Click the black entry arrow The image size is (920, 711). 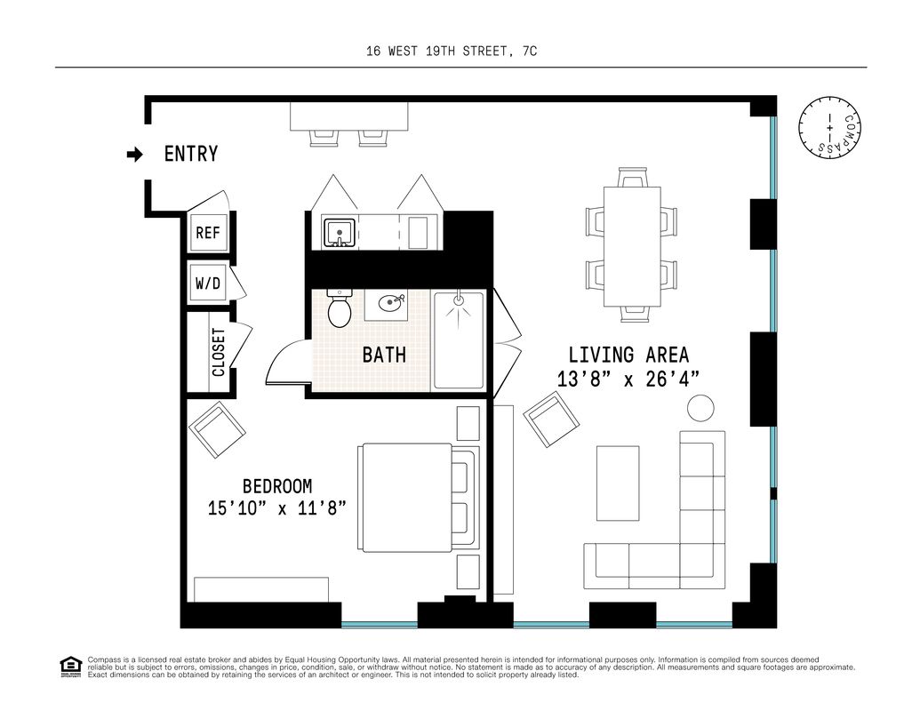click(135, 155)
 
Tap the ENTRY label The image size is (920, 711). click(191, 154)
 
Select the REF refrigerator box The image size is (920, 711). click(208, 233)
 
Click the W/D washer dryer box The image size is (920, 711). click(208, 284)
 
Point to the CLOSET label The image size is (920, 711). click(219, 352)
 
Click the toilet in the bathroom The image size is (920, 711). click(339, 308)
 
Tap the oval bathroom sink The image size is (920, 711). click(391, 303)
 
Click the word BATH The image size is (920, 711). click(384, 355)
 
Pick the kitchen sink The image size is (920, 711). click(340, 233)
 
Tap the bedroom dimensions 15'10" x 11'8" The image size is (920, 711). click(277, 507)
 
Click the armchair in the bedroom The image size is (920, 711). click(217, 430)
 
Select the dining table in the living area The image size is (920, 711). click(632, 246)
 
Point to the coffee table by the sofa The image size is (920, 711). click(618, 483)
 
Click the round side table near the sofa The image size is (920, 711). click(700, 407)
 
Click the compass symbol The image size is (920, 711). click(829, 127)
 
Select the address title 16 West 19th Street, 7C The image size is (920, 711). click(452, 51)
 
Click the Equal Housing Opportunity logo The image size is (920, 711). click(71, 667)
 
